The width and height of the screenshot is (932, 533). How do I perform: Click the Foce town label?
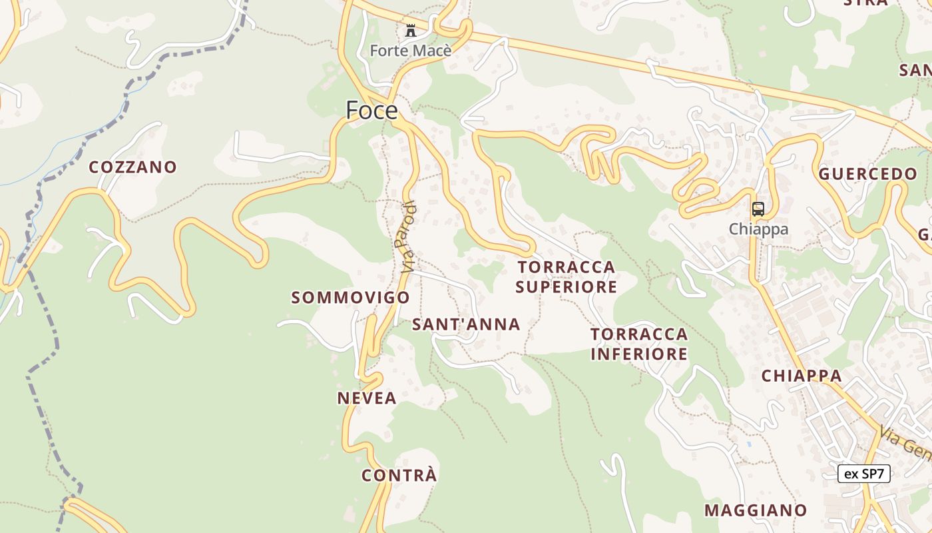(x=371, y=110)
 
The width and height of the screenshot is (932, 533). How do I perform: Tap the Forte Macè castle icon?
(x=410, y=31)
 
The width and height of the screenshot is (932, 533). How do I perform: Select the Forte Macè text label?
(x=410, y=50)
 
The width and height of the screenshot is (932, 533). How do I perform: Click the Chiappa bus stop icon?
(x=758, y=209)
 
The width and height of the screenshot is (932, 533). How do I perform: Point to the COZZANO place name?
(x=133, y=167)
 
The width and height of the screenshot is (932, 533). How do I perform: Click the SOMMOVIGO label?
(x=350, y=298)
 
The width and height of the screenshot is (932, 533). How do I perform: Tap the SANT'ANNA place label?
(x=466, y=324)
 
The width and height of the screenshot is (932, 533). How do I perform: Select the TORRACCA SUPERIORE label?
(x=567, y=277)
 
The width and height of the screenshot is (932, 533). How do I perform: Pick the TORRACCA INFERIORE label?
(x=639, y=344)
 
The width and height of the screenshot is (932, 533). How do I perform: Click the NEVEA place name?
(x=367, y=398)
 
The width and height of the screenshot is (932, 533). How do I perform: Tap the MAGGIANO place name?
(x=756, y=510)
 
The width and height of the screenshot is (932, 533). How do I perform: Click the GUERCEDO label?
(x=867, y=175)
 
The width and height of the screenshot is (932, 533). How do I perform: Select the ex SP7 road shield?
(x=863, y=474)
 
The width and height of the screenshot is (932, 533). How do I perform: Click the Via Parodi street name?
(x=409, y=237)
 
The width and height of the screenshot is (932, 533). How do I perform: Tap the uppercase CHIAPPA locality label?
(x=802, y=376)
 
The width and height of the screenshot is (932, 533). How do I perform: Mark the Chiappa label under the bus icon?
(x=758, y=229)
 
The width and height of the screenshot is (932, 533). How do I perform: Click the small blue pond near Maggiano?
(x=750, y=443)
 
